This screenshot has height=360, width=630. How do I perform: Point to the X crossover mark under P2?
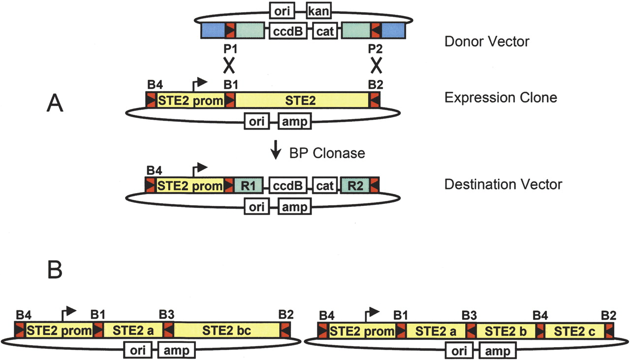point(377,65)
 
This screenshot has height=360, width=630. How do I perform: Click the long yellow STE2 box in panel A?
point(302,100)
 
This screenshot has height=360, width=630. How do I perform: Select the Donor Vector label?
point(486,41)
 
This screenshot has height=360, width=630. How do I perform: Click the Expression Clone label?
point(500,98)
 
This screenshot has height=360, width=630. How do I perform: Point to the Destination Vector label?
point(503,185)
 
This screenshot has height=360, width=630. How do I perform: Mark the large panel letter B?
point(54,269)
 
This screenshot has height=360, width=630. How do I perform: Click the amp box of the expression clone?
point(294,121)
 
